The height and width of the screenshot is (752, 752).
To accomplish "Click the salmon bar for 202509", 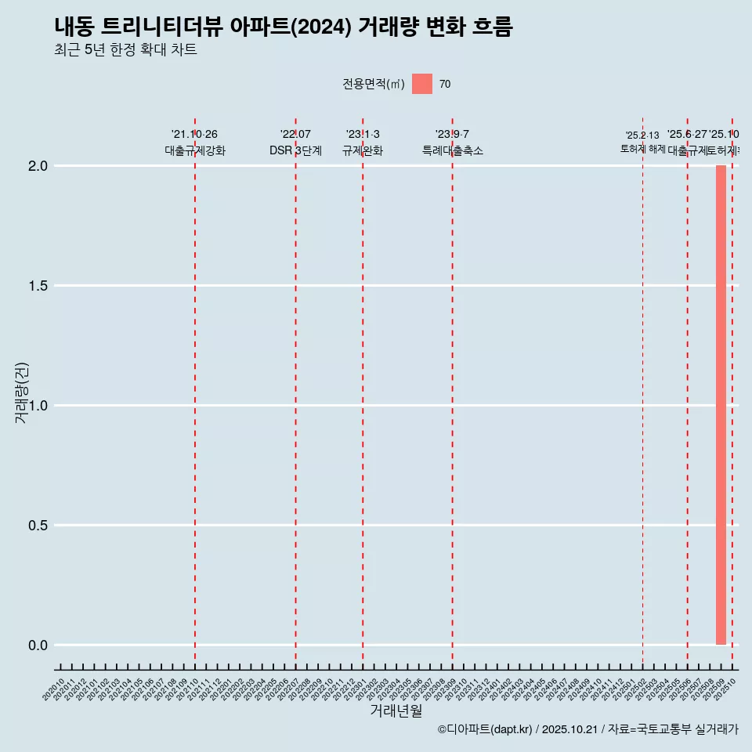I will pos(721,405).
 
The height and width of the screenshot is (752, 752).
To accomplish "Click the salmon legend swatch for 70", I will pos(422,84).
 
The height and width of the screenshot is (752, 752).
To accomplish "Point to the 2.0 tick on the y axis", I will pos(38,166).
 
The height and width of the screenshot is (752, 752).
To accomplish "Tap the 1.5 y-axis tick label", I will pos(38,286).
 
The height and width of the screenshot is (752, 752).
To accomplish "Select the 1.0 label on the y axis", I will pos(38,406).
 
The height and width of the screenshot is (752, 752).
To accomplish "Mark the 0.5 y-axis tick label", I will pos(38,526).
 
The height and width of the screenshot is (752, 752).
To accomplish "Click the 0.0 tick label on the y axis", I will pos(38,645).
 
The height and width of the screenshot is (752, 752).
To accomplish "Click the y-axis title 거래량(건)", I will pos(21,392).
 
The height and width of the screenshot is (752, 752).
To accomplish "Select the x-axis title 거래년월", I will pos(396,711).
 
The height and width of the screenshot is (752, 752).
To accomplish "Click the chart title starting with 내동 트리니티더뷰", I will pos(284,27).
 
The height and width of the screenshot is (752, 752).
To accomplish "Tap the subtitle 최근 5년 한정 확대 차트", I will pos(125,50).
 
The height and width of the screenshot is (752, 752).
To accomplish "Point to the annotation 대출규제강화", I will pos(195,150).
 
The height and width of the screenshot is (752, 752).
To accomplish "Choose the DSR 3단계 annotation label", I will pos(295,150).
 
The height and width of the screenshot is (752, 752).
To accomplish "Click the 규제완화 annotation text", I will pos(363,150).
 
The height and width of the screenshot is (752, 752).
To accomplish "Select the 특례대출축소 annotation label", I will pos(452,150).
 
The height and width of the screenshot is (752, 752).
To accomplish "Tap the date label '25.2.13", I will pos(642,136).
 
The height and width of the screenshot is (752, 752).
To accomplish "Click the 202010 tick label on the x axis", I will pos(54,690).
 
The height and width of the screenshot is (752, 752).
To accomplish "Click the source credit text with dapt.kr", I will pos(587,729).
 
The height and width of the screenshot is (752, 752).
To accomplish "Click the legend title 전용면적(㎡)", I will pos(374,84).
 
